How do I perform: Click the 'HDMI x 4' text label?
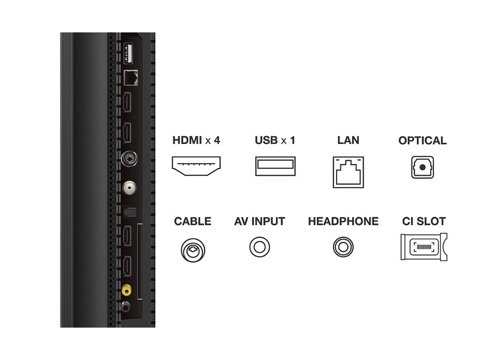tap(196, 141)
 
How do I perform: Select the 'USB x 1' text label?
tap(275, 141)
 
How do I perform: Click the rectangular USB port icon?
tap(275, 166)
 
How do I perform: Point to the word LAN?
tap(348, 141)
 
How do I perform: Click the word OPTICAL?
tap(422, 141)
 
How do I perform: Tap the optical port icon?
tap(422, 167)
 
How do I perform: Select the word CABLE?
tap(193, 221)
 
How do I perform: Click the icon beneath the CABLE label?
tap(193, 248)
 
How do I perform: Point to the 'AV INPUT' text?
tap(260, 221)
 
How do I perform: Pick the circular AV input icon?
tap(260, 247)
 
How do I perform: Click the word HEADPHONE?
tap(343, 221)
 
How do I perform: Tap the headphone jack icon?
tap(343, 247)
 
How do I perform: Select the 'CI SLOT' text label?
tap(424, 221)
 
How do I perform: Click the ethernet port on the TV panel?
tap(130, 76)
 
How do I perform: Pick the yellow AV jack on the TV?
tap(127, 290)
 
